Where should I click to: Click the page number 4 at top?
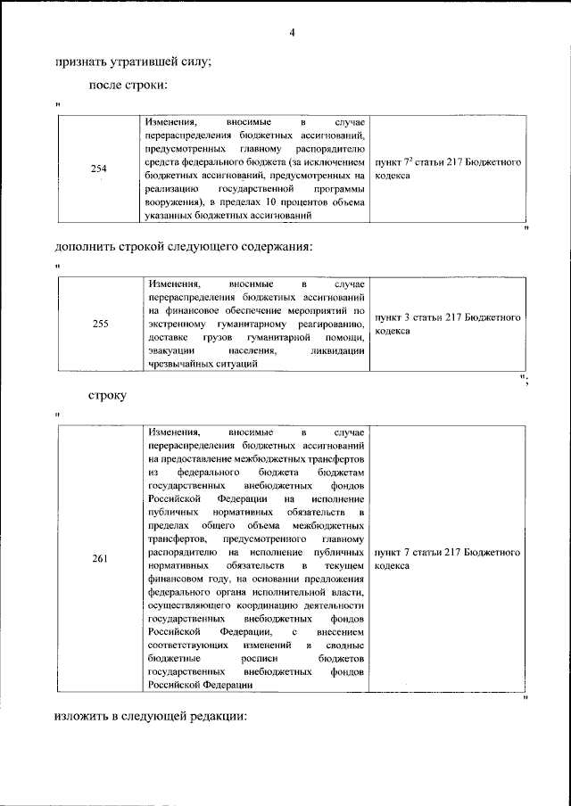292,34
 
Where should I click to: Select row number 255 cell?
99,324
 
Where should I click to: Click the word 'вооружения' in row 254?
175,203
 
